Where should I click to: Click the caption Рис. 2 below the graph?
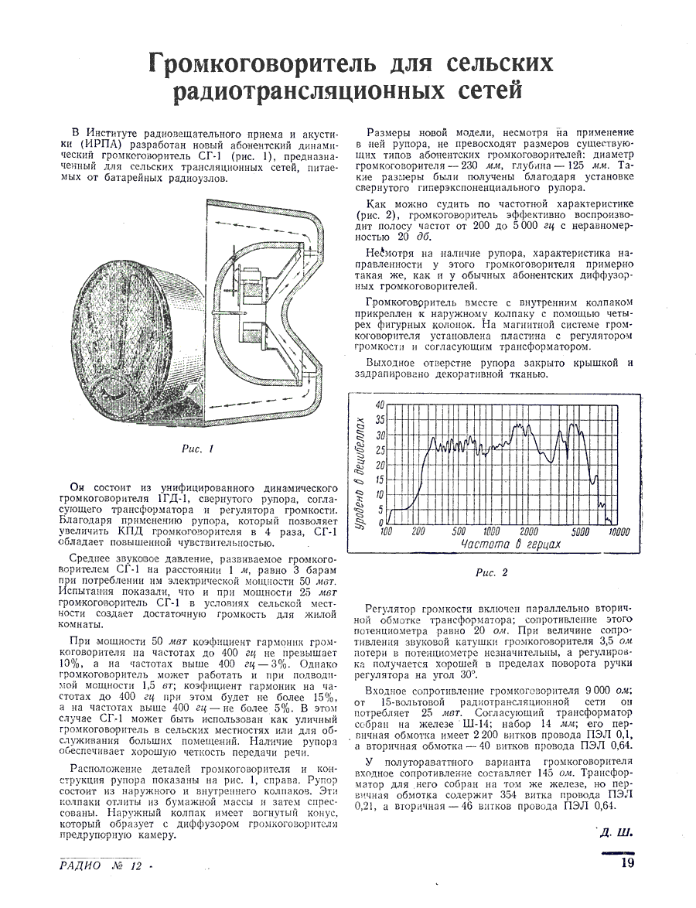(493, 573)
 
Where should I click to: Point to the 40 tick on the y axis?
(379, 405)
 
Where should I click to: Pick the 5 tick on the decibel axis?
(380, 509)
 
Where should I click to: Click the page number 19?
(627, 864)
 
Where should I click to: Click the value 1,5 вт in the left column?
(164, 685)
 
